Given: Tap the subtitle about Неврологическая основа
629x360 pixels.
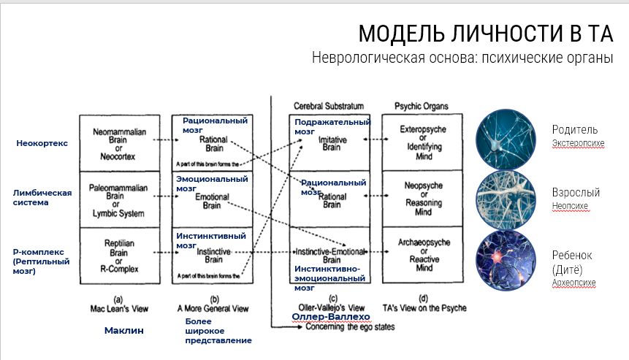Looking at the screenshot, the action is click(x=462, y=58).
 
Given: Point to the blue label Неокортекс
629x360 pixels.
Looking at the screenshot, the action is click(x=42, y=143).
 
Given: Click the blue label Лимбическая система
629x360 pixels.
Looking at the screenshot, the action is click(x=42, y=197).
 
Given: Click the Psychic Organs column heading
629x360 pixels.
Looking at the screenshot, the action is click(x=421, y=107).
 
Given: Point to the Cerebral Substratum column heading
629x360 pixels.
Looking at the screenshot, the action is click(x=328, y=107).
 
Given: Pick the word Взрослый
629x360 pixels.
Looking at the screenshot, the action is click(x=576, y=193).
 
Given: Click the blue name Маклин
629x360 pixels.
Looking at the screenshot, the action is click(x=123, y=330).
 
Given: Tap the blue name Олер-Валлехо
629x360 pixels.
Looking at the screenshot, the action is click(x=329, y=316).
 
